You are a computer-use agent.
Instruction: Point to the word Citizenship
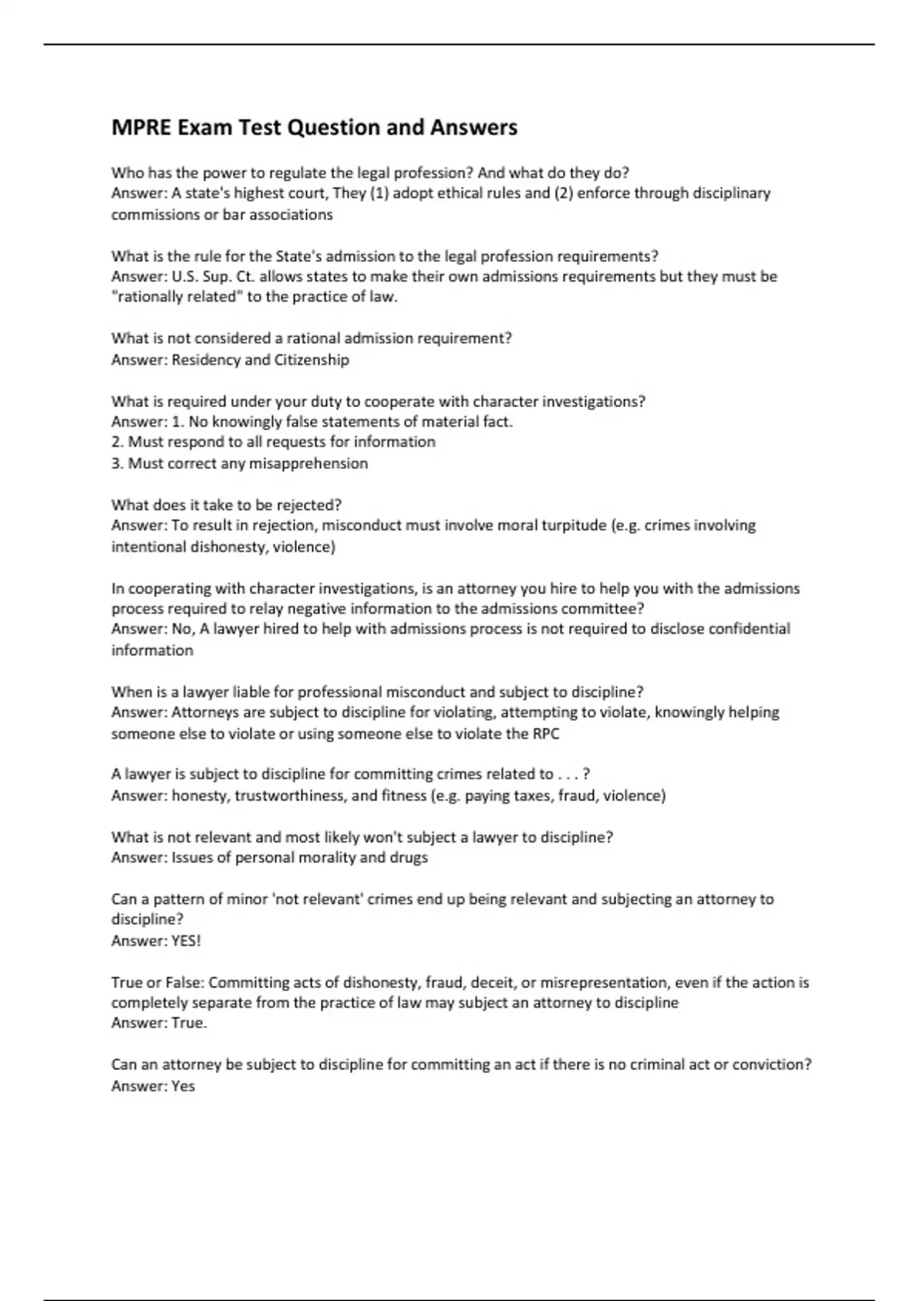(x=311, y=360)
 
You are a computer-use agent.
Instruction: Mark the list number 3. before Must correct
(x=117, y=463)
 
